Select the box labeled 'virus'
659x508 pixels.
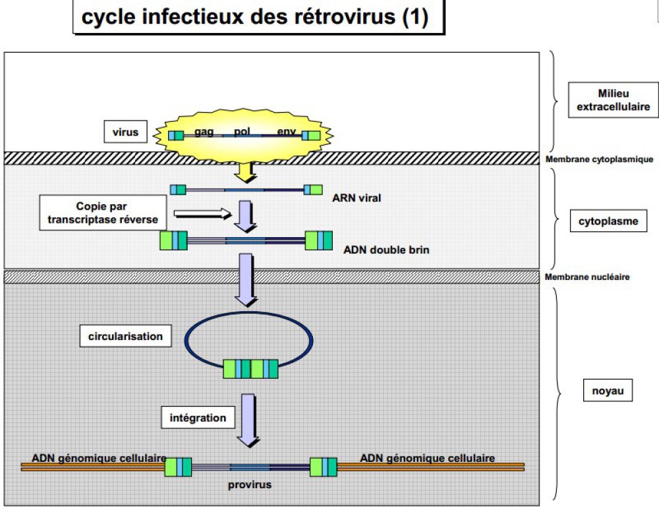tap(125, 132)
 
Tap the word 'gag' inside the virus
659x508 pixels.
tap(204, 132)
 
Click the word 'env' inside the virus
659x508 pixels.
tap(286, 132)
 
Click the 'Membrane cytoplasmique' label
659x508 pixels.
tap(600, 159)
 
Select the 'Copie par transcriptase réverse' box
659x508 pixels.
tap(103, 212)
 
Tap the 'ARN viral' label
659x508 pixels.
tap(357, 197)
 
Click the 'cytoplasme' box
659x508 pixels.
tap(608, 221)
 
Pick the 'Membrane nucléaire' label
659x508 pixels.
tap(587, 277)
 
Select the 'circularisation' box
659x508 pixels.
tap(125, 336)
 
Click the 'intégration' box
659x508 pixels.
tap(198, 418)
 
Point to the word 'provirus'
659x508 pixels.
tap(250, 485)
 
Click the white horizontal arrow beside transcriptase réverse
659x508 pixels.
tap(203, 213)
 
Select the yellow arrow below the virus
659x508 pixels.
tap(245, 171)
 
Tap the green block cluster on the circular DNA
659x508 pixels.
tap(250, 369)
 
